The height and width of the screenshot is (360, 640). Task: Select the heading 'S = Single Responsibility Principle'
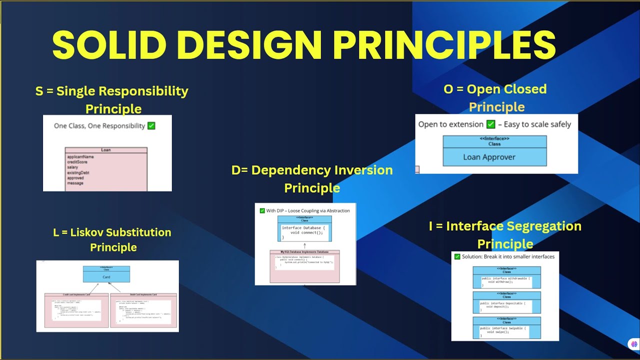pyautogui.click(x=112, y=99)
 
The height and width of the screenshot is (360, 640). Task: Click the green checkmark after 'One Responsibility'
pyautogui.click(x=151, y=126)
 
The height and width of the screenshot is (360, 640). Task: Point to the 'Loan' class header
pyautogui.click(x=106, y=150)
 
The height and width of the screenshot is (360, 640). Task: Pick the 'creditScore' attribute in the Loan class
pyautogui.click(x=80, y=162)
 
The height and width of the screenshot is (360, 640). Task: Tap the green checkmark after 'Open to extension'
pyautogui.click(x=490, y=124)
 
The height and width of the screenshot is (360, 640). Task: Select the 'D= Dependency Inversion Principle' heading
pyautogui.click(x=312, y=178)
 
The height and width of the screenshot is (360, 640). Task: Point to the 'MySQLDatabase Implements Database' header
pyautogui.click(x=304, y=252)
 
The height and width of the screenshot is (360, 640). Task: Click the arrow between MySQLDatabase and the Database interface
pyautogui.click(x=304, y=245)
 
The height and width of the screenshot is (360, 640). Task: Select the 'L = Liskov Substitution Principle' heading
pyautogui.click(x=112, y=239)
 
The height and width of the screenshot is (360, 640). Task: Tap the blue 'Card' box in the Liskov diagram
pyautogui.click(x=106, y=276)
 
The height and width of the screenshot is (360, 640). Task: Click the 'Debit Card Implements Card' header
pyautogui.click(x=143, y=295)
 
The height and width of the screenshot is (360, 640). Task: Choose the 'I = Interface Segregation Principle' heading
pyautogui.click(x=505, y=234)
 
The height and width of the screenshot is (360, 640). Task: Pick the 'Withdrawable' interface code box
pyautogui.click(x=506, y=281)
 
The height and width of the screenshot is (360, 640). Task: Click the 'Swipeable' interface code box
pyautogui.click(x=506, y=331)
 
